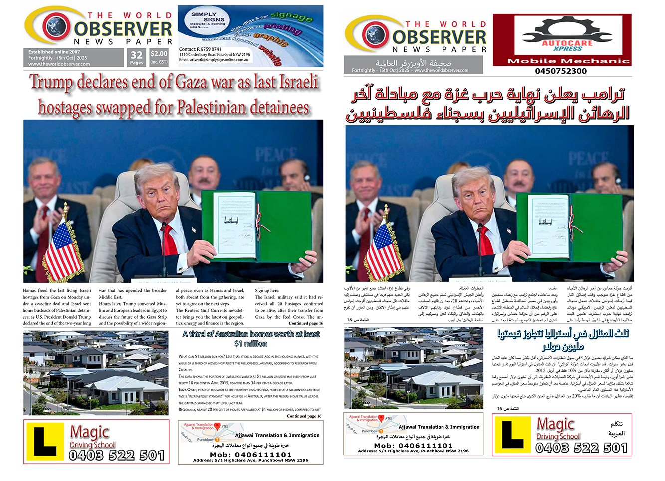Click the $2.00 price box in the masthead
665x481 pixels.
tap(159, 57)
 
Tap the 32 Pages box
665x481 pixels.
tap(136, 57)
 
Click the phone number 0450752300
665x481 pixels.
tap(561, 71)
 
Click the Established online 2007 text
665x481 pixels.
tap(54, 52)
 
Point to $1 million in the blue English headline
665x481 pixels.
tap(251, 344)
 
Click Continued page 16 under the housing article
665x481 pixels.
tap(304, 416)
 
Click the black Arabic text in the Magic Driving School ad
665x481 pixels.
tap(617, 429)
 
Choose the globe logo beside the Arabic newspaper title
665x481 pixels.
tap(374, 34)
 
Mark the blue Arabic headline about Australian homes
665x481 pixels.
tap(563, 339)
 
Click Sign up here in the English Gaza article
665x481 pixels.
tap(267, 290)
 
